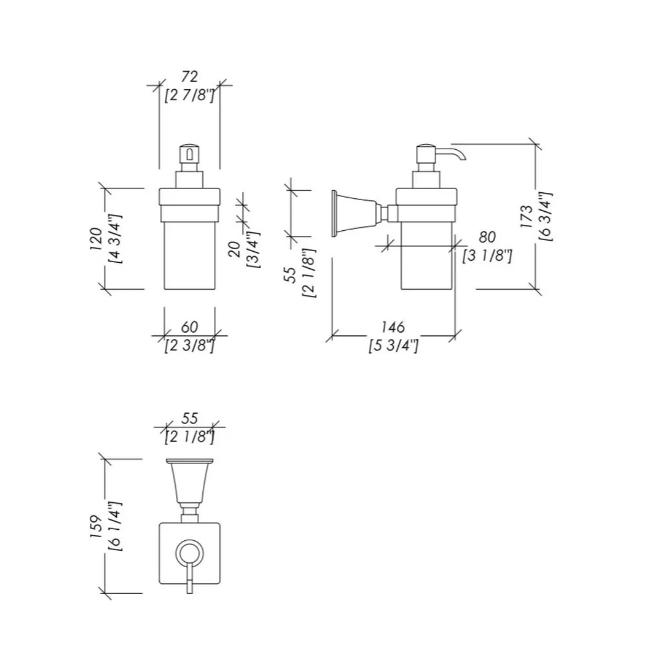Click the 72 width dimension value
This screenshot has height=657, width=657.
click(x=189, y=77)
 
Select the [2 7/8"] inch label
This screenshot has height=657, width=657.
click(x=189, y=96)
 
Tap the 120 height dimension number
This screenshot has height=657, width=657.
click(x=97, y=239)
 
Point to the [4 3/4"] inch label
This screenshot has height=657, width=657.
click(x=115, y=239)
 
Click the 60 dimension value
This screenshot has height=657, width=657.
click(x=189, y=327)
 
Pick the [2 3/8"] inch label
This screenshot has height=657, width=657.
click(x=189, y=346)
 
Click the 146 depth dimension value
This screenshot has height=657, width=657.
click(x=393, y=327)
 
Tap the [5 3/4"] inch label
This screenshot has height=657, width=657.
click(x=393, y=346)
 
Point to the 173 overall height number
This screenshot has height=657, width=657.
click(x=527, y=217)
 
